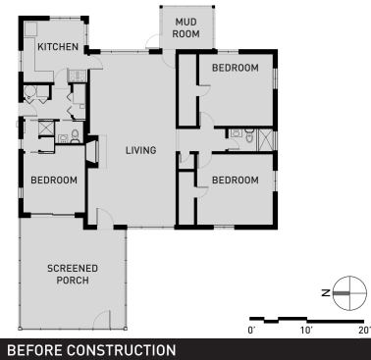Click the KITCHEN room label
point(58,47)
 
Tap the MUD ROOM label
point(185,27)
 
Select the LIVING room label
point(141,150)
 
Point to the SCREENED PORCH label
point(73,275)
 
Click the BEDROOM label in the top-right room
point(236,68)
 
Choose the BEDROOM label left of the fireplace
point(54,180)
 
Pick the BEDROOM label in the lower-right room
point(236,180)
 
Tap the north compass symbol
point(349,293)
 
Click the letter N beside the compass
point(326,293)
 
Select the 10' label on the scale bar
point(306,331)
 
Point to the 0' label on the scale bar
point(251,331)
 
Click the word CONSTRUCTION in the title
point(122,350)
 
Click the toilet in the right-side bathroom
point(249,135)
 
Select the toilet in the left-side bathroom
point(75,136)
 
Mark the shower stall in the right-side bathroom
point(266,140)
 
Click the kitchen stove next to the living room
point(78,76)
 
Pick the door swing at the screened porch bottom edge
point(102,319)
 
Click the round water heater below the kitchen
point(29,92)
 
